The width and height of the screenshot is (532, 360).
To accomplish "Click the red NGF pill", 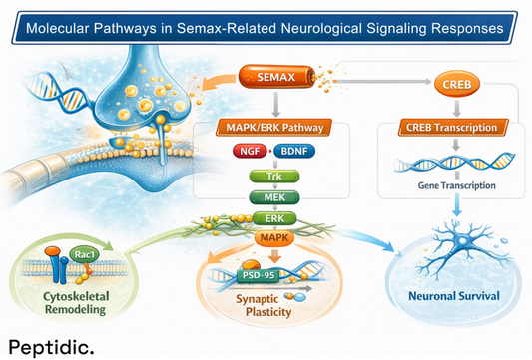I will click(x=250, y=152).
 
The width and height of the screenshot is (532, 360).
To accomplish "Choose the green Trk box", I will click(x=273, y=177).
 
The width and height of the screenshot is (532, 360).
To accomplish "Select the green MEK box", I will click(x=273, y=197).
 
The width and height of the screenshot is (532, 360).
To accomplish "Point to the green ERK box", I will click(x=273, y=218).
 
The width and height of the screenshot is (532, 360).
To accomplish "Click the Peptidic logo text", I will click(x=52, y=346).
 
